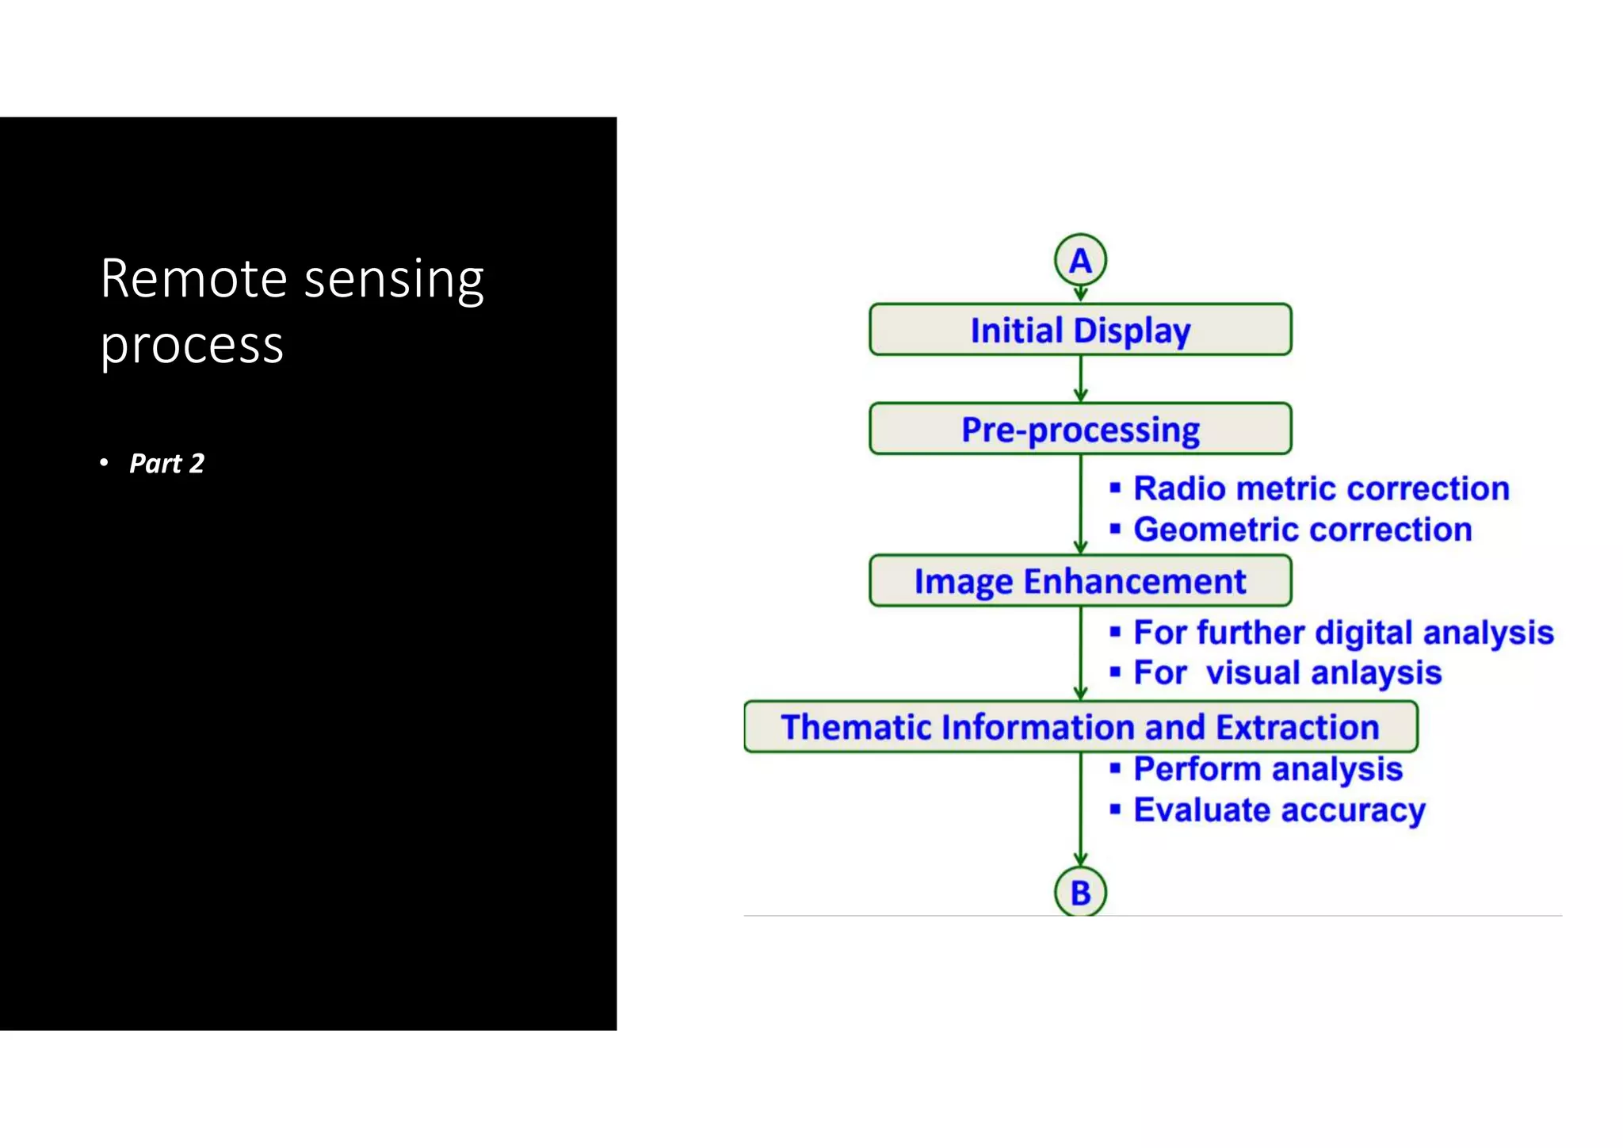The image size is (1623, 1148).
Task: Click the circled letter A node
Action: click(1080, 260)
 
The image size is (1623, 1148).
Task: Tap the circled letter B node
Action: click(1080, 892)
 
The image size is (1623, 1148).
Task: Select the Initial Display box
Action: click(1080, 330)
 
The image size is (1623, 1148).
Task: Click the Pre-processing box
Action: click(1080, 429)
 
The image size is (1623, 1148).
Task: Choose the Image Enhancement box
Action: click(1080, 581)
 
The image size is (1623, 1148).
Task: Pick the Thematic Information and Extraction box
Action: click(1080, 727)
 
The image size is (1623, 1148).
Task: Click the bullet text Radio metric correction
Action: click(1321, 488)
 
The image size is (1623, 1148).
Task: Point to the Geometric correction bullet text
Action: click(1302, 530)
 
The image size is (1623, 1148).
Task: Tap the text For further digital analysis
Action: click(1343, 633)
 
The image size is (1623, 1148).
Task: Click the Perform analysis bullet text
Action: click(1268, 769)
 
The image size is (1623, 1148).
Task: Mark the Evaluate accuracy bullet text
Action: click(1279, 810)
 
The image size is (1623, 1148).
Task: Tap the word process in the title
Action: click(192, 346)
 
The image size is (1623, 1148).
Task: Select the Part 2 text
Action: click(166, 463)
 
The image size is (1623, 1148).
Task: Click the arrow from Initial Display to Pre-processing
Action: click(1080, 380)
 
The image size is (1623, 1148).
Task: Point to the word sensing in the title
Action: click(394, 281)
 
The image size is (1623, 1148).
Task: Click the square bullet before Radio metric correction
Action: click(1115, 488)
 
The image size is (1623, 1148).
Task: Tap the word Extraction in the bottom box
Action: click(1297, 727)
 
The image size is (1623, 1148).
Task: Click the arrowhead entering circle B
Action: click(1080, 859)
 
